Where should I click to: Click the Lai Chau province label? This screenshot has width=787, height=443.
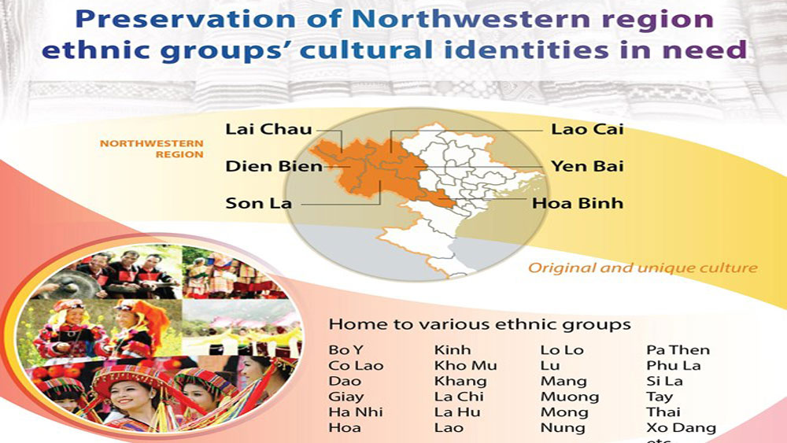coord(268,130)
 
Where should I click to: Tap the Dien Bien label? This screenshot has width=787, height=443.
coord(274,167)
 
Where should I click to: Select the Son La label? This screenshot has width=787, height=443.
coord(258,203)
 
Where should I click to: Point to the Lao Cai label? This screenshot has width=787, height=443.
coord(587,130)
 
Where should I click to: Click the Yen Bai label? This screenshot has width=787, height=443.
coord(587,167)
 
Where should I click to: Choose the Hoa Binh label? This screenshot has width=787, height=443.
coord(578,203)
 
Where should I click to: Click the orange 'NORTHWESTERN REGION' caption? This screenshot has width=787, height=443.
coord(152,149)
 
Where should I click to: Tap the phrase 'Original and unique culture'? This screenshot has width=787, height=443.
coord(643,268)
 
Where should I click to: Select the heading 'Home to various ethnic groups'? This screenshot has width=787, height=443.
coord(480,325)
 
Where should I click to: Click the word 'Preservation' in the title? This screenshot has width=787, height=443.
coord(185,20)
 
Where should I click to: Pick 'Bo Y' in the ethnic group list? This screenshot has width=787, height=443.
coord(345,350)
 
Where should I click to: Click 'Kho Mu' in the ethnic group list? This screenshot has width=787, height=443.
coord(465,366)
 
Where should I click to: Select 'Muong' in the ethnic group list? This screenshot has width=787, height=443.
coord(570,397)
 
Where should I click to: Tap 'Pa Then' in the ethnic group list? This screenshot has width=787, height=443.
coord(678,350)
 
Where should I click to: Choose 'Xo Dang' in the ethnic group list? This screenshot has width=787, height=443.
coord(681,428)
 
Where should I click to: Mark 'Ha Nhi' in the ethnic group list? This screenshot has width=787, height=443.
coord(356,412)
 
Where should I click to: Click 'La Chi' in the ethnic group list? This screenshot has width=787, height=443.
coord(459,397)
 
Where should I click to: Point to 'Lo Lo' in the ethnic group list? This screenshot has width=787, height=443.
coord(562,350)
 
